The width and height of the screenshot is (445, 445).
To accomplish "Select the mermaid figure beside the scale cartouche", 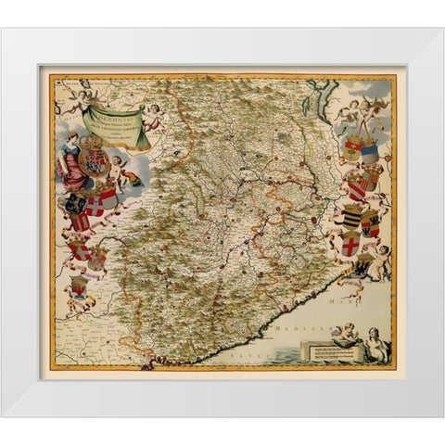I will coord(375,347).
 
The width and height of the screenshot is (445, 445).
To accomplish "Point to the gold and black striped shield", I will coord(352,219).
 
